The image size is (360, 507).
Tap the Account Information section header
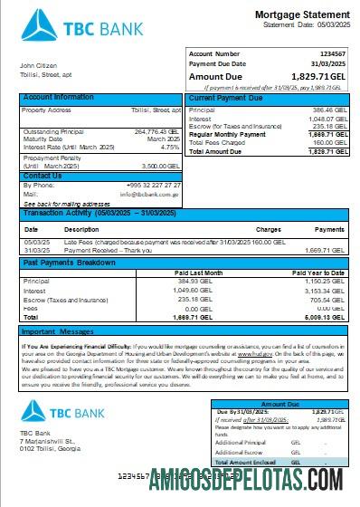(58, 97)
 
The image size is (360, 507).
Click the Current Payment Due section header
(225, 97)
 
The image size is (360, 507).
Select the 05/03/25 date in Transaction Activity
(36, 242)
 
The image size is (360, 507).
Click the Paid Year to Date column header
(317, 272)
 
